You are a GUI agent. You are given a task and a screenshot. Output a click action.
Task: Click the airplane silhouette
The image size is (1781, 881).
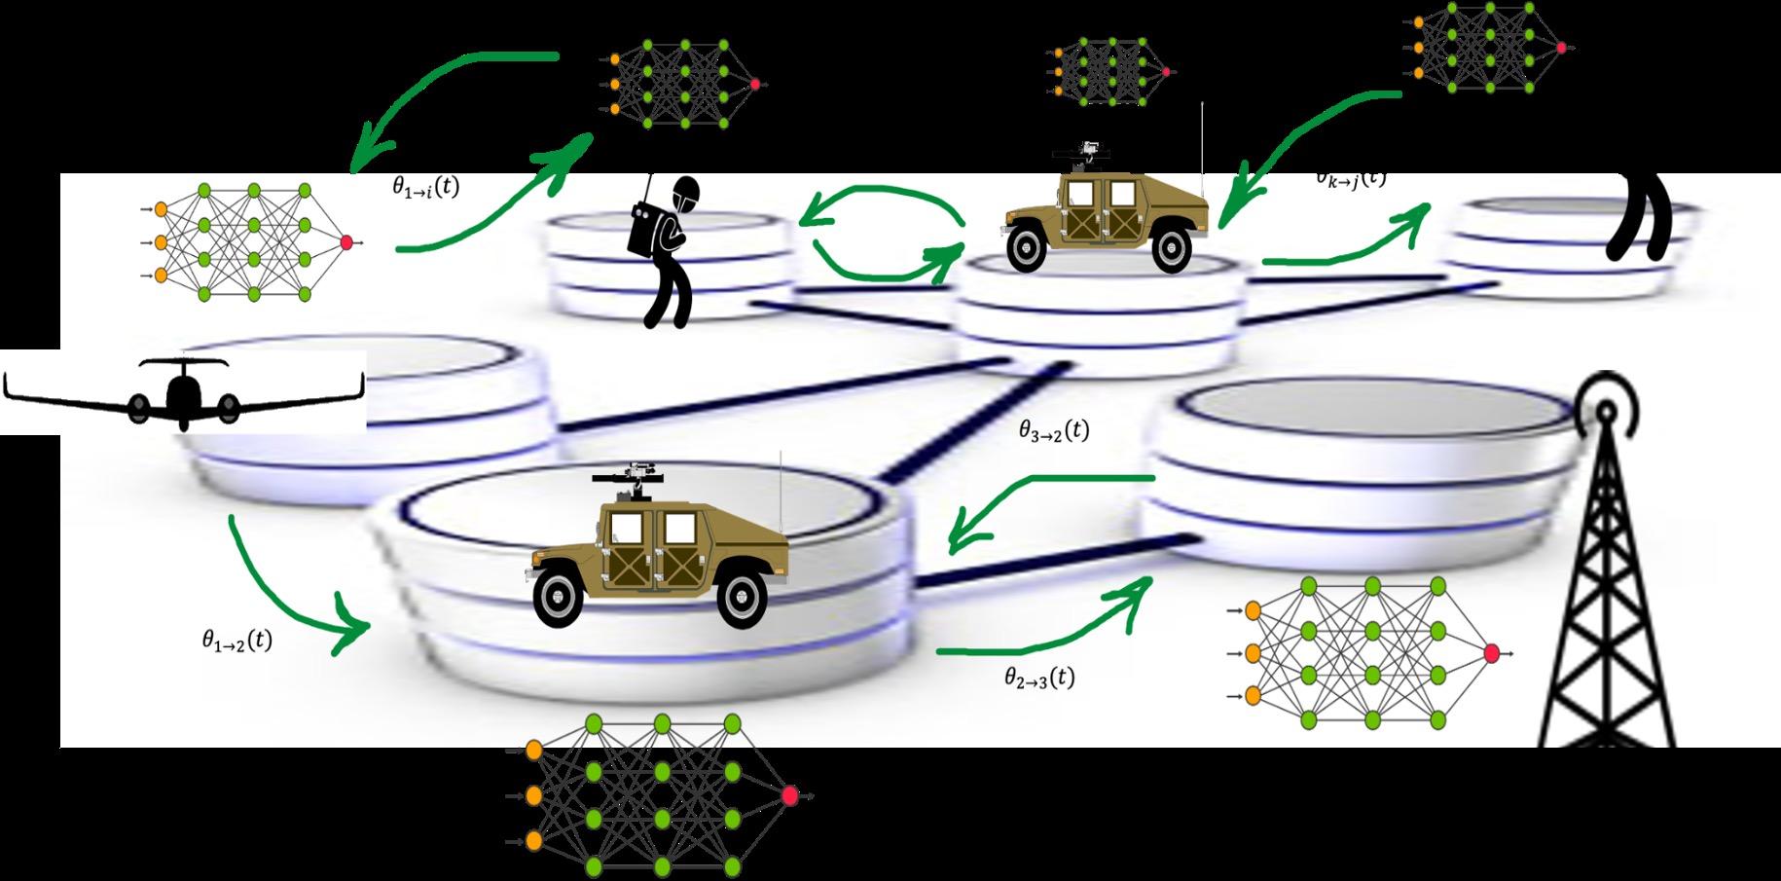[184, 394]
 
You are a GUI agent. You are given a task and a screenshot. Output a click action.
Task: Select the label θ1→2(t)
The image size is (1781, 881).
[236, 640]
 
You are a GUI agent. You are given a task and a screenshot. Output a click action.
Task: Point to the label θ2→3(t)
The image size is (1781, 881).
[1039, 678]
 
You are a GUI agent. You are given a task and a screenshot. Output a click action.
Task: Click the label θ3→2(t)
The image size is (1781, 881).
[1054, 430]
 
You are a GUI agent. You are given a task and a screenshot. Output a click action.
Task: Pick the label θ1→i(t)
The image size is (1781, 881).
[419, 187]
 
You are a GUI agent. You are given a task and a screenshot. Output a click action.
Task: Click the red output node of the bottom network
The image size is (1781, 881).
[789, 796]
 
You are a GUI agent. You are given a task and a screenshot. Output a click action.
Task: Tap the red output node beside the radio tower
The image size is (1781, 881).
[1491, 653]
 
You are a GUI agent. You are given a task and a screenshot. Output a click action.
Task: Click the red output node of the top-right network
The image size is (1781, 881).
[1561, 47]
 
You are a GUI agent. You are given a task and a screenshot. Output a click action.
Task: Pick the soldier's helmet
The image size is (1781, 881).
[687, 192]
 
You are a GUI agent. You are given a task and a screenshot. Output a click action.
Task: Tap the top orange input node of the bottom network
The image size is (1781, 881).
[533, 750]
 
